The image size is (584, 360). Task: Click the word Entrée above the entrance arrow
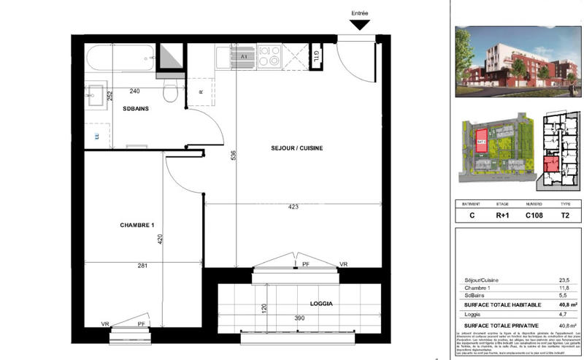coord(360,12)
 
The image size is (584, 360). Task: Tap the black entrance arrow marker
coord(360,26)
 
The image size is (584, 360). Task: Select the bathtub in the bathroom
coord(120,58)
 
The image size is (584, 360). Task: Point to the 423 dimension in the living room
coord(292,207)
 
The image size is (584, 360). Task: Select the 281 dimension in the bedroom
coord(143,266)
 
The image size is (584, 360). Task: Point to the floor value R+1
coord(502,216)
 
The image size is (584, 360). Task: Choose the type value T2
coord(565,216)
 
